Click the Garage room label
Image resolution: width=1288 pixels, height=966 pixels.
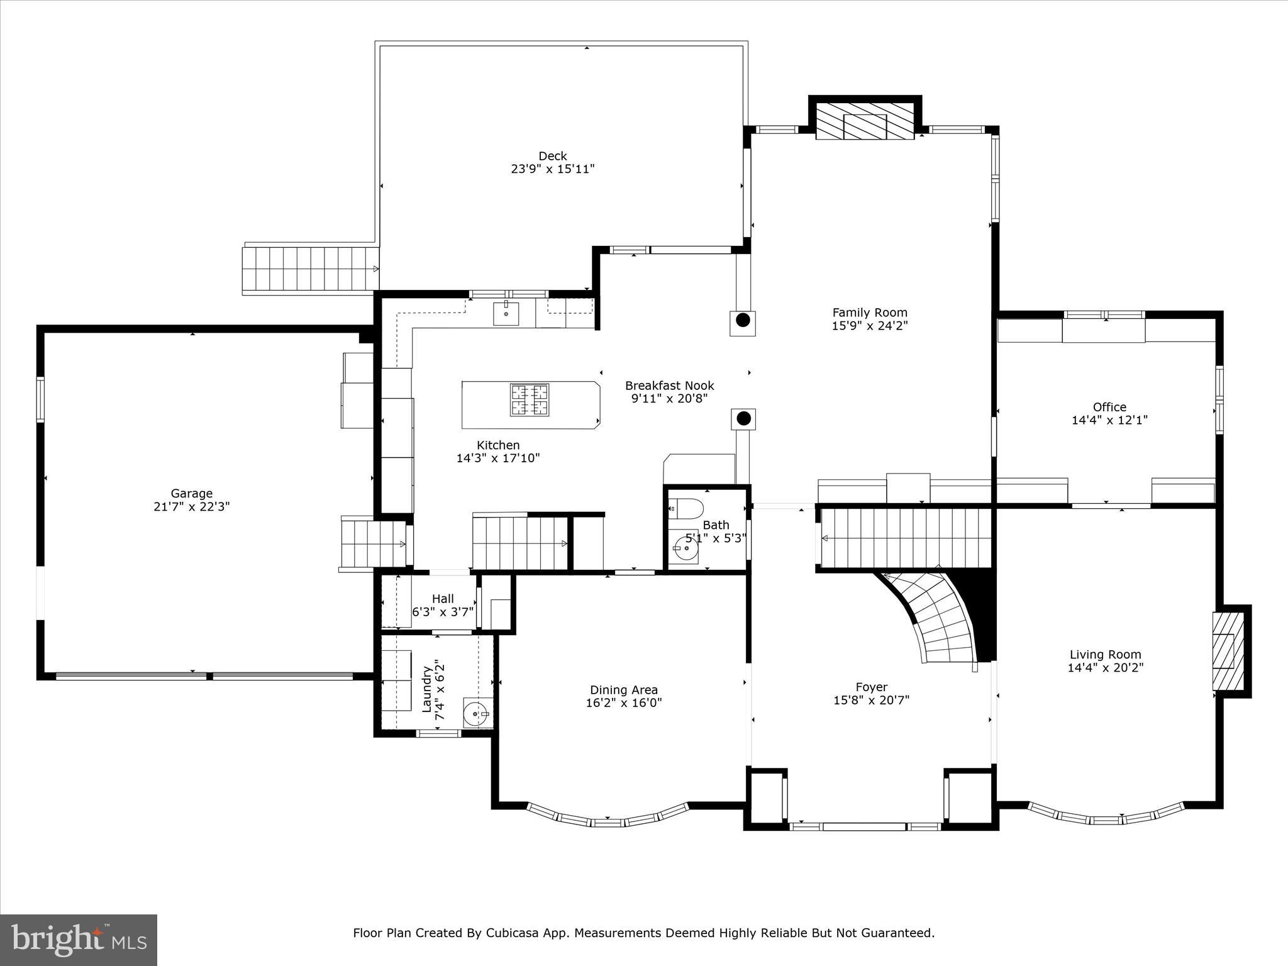point(192,494)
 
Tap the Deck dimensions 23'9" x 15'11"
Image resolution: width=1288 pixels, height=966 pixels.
point(552,169)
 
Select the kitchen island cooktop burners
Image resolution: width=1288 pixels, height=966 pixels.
point(529,400)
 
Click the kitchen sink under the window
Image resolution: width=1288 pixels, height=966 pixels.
point(506,313)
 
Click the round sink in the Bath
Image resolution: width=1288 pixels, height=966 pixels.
point(684,548)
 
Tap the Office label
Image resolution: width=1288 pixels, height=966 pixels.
point(1109,407)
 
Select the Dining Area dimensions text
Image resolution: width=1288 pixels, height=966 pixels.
point(623,703)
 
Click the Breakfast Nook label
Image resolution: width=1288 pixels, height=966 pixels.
point(669,386)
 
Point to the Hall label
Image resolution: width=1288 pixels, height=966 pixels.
point(443,599)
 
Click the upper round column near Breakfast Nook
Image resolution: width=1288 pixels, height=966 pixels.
point(743,320)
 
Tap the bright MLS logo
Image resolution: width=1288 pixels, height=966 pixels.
point(79,940)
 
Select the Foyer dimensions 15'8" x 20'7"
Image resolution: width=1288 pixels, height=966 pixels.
point(871,700)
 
